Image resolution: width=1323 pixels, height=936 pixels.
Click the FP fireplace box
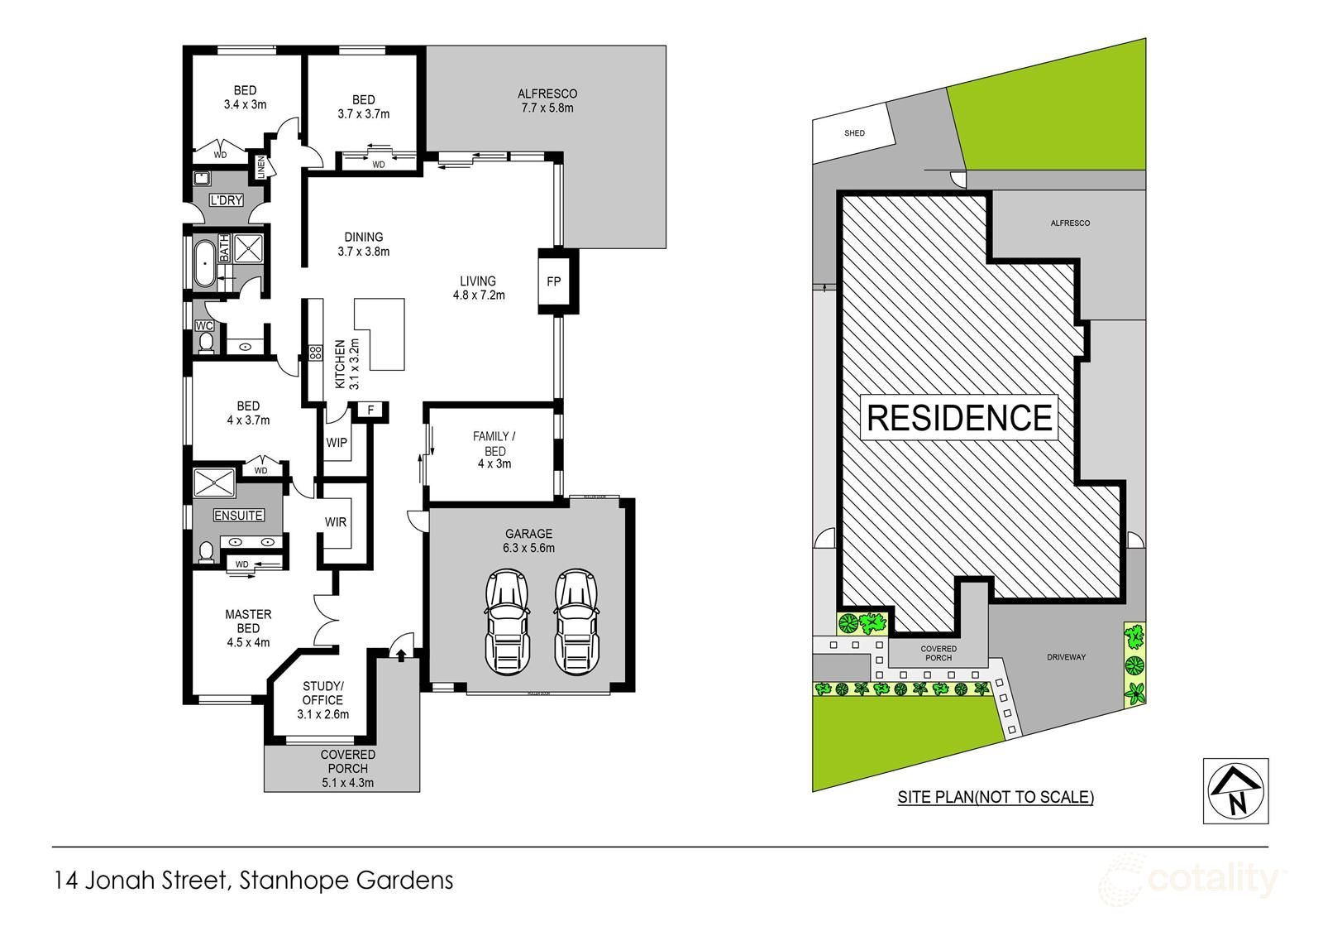click(x=554, y=281)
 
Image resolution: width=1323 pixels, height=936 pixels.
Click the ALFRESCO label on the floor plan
click(x=547, y=94)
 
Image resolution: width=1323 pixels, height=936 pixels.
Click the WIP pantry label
click(x=337, y=443)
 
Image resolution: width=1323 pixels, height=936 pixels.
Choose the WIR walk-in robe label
click(x=336, y=522)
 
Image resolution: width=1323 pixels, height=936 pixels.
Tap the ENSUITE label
click(x=239, y=516)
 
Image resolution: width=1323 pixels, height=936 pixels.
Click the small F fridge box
click(x=370, y=410)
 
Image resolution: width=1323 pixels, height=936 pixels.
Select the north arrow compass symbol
click(x=1235, y=790)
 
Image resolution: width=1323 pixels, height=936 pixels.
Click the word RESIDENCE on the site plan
click(x=959, y=418)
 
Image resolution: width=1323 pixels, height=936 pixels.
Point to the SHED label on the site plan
click(x=854, y=133)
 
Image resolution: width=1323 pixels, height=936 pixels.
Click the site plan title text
click(x=996, y=798)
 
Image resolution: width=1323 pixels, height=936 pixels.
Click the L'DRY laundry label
click(x=225, y=201)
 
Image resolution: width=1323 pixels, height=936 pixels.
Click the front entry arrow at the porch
click(x=401, y=655)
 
